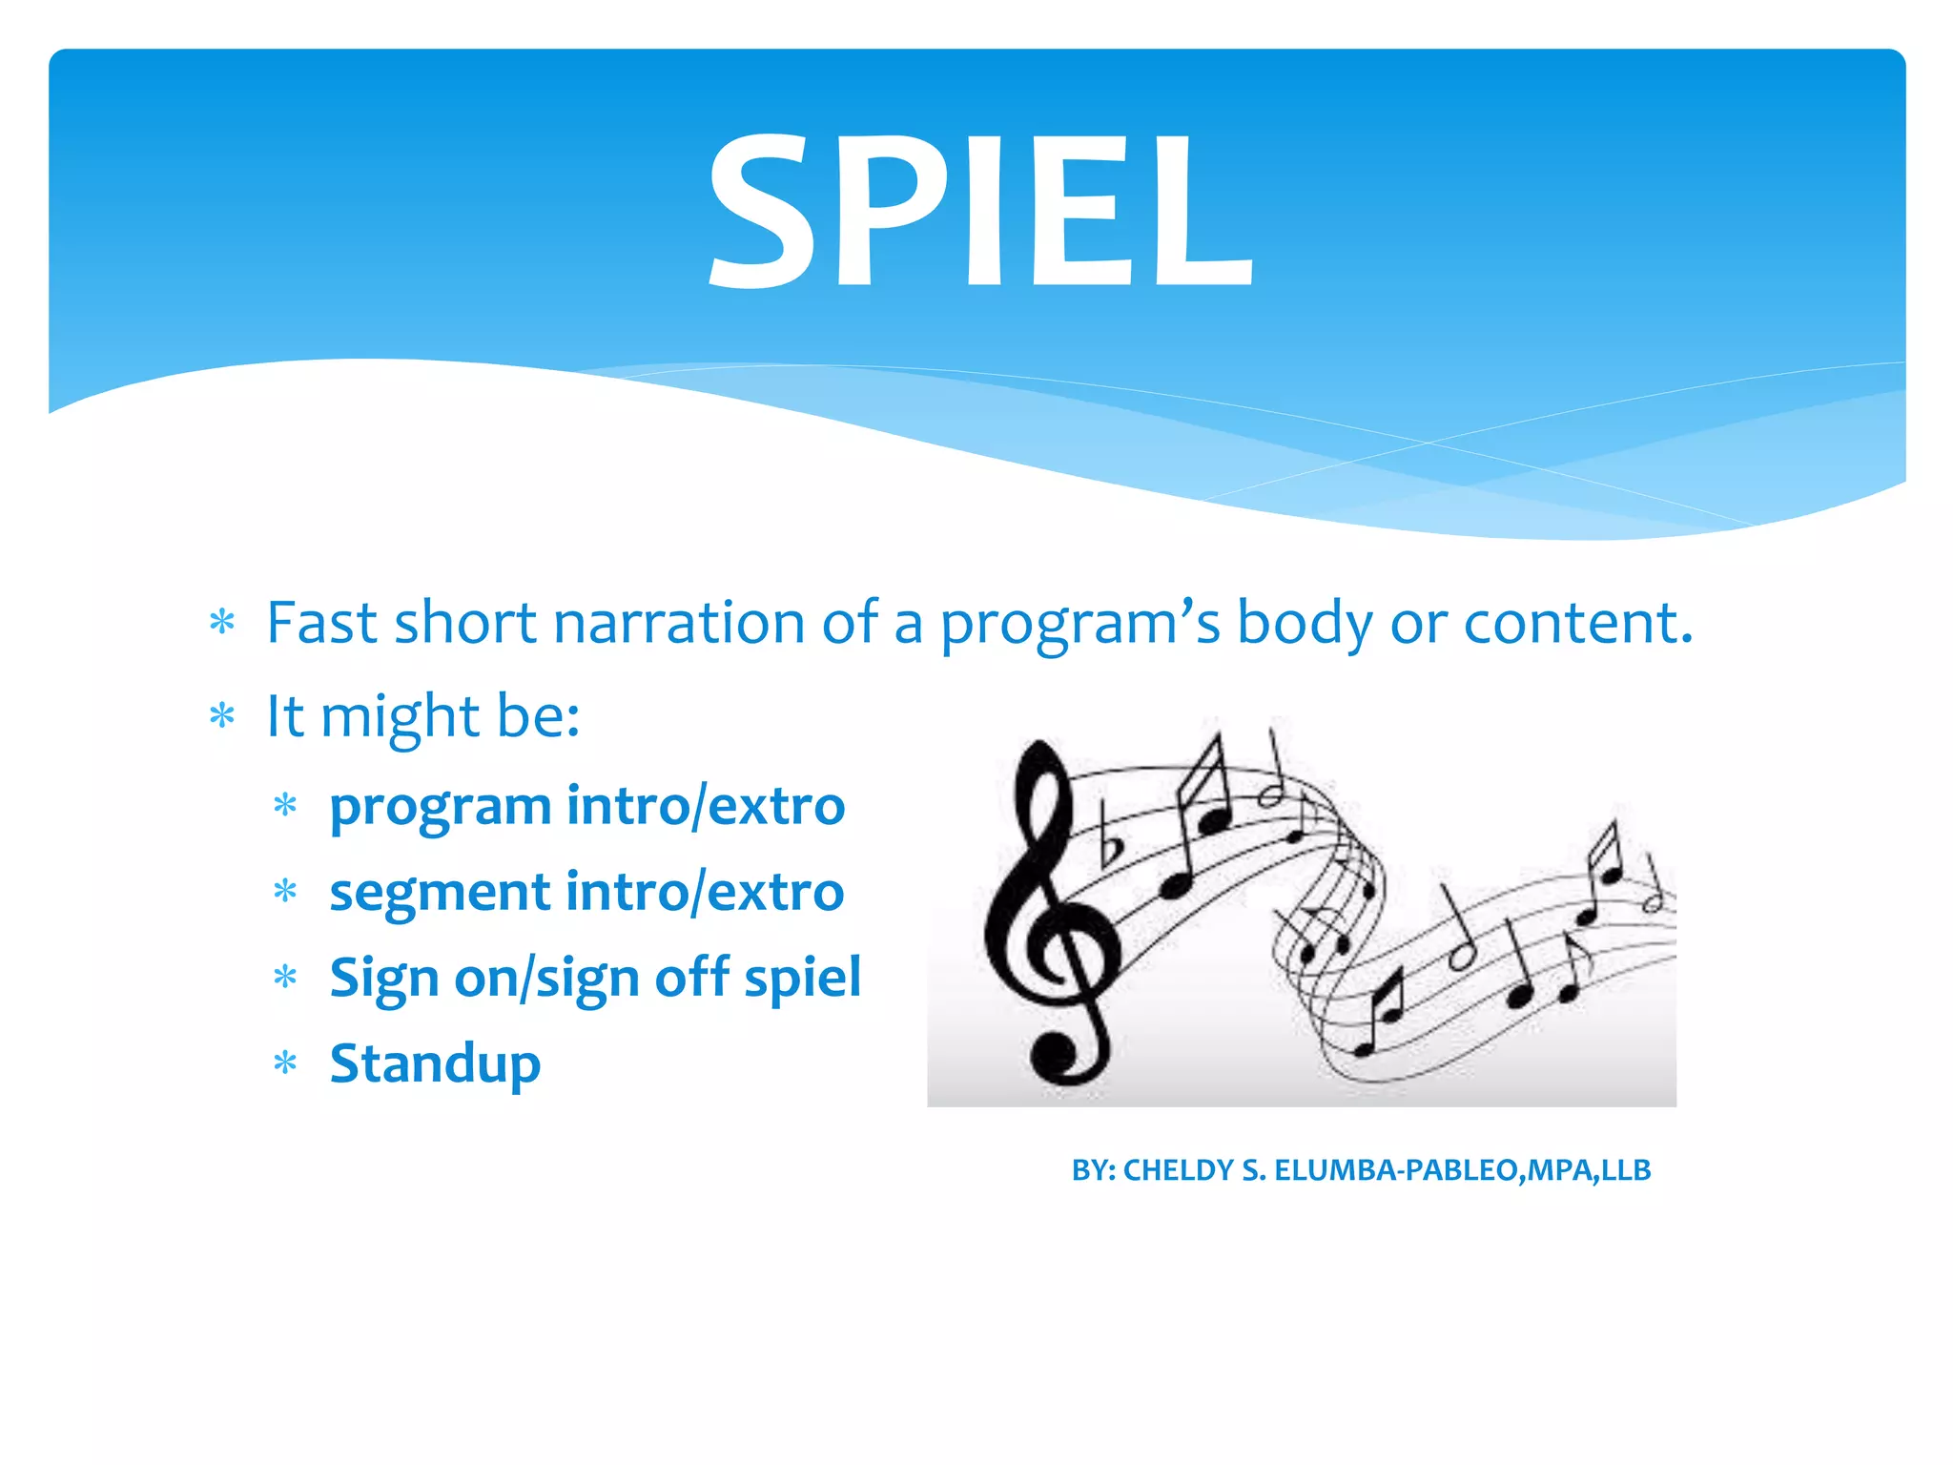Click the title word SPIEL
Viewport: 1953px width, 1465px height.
(979, 210)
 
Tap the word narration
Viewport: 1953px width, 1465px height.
(679, 623)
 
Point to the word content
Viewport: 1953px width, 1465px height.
(1577, 623)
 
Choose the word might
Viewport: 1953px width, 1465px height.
(400, 717)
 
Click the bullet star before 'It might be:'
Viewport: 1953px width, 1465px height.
(222, 715)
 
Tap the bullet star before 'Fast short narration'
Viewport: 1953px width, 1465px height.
(222, 623)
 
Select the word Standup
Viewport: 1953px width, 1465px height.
(435, 1064)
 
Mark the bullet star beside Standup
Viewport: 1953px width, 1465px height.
(285, 1063)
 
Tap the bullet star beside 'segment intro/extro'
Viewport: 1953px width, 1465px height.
(285, 892)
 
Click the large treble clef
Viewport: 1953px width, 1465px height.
(1049, 916)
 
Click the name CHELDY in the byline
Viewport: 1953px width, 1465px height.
(1179, 1170)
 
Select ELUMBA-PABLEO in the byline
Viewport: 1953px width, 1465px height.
(1397, 1170)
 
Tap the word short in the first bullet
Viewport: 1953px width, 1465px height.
(465, 623)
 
